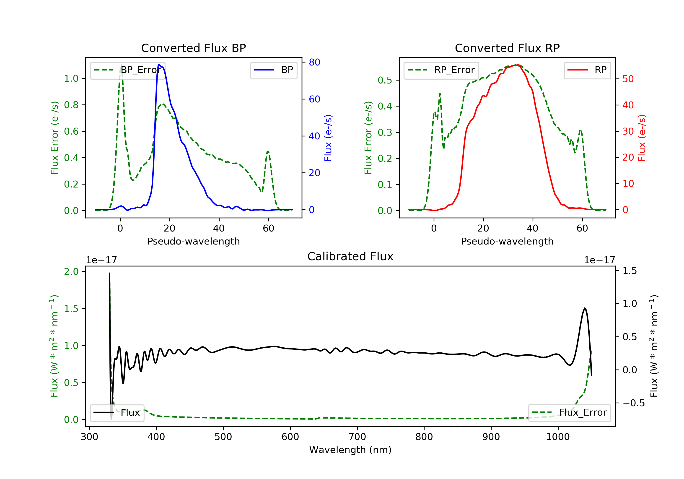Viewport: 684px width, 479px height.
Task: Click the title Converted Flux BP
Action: coord(193,48)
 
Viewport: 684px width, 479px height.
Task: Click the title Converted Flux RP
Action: coord(507,48)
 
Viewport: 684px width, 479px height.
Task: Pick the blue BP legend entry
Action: coord(273,70)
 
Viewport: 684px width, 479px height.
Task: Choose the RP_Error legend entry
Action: coord(441,70)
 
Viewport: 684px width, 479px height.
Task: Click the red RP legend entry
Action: coord(587,70)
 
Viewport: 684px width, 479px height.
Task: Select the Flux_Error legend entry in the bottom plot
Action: coord(569,413)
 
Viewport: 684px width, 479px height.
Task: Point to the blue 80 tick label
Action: coord(314,62)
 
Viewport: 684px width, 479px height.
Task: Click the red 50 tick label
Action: coord(628,79)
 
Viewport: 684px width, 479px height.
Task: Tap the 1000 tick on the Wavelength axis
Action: coord(558,437)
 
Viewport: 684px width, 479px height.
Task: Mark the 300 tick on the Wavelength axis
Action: coord(89,437)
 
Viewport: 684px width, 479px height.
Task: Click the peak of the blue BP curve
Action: coord(159,65)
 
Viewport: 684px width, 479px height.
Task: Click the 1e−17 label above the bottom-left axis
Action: coord(101,260)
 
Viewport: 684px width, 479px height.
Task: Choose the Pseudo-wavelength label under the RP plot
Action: coord(507,241)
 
